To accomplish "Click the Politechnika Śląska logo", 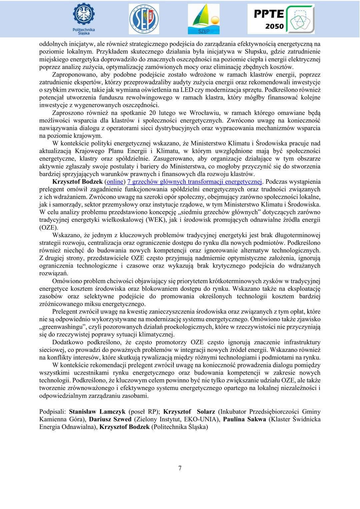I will pos(83,18).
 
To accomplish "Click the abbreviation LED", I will pos(187,90).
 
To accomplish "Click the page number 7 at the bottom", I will pos(180,468).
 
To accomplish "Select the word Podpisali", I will pos(52,411).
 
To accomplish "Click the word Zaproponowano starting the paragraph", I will pos(72,75).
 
